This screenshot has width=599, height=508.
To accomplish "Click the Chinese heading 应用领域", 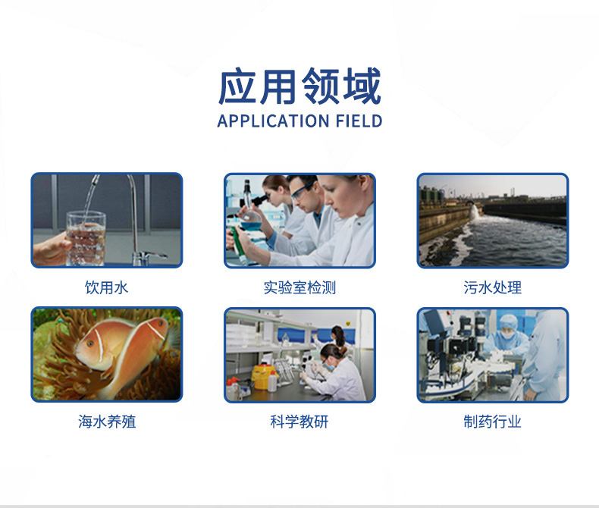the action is coord(299,86).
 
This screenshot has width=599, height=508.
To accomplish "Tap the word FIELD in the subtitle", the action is coord(359,121).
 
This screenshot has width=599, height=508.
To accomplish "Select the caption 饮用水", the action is coord(107,287).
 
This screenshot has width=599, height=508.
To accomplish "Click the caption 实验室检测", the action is coord(299,287).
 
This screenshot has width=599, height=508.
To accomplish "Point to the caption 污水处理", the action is coord(492,287).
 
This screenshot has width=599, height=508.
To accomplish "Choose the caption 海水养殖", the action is coord(107,422).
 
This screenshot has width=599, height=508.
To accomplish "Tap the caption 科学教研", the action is coord(299,422).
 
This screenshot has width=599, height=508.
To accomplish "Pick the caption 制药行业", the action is coord(492,422).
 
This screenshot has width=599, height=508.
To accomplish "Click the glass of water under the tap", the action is coord(86,239).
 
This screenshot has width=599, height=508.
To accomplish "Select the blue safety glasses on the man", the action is coord(303,191).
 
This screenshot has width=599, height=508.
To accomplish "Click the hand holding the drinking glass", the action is coord(52,248).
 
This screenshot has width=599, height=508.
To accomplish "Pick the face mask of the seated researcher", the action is coord(331,365).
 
